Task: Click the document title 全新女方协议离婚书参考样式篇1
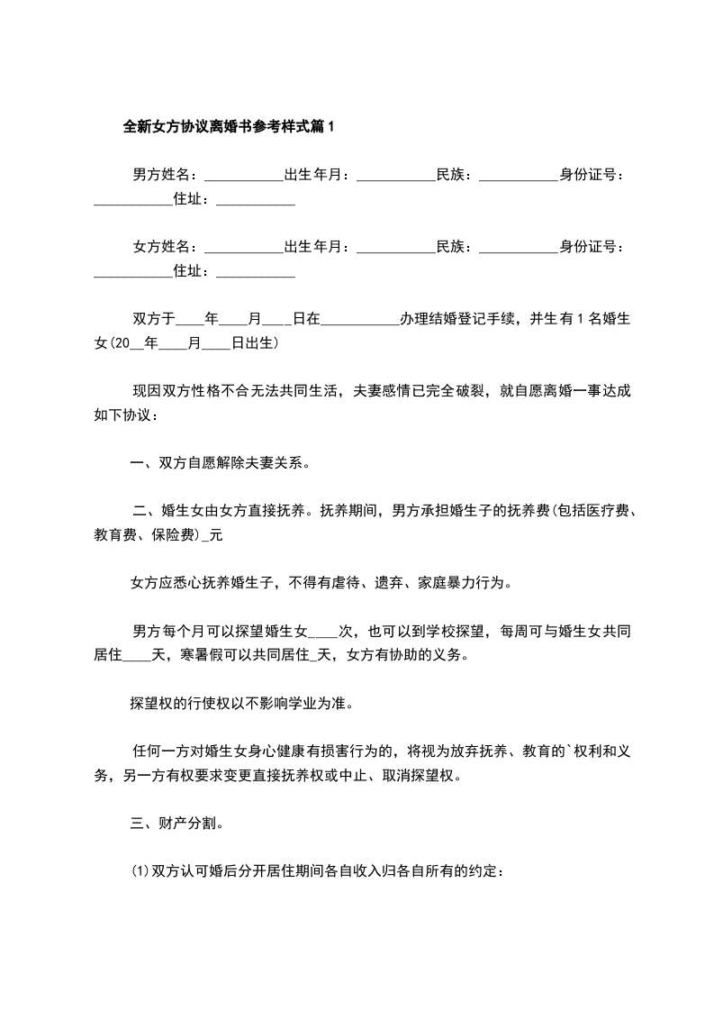(x=228, y=127)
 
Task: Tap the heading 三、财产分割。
(x=175, y=823)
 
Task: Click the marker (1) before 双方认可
(x=141, y=871)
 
